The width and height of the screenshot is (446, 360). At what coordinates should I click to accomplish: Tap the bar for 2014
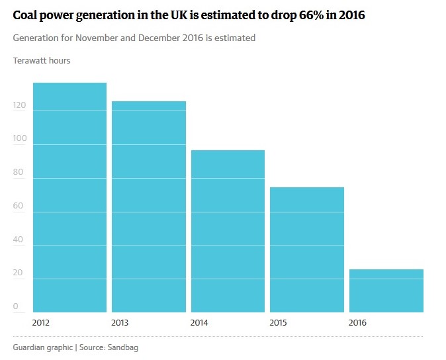(x=228, y=231)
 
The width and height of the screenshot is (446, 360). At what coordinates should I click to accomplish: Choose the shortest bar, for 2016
(x=386, y=291)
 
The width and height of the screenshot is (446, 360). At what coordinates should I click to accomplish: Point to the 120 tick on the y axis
(x=19, y=106)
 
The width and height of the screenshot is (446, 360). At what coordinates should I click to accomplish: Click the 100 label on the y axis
(x=19, y=140)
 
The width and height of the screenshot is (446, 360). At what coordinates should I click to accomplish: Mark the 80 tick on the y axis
(x=19, y=173)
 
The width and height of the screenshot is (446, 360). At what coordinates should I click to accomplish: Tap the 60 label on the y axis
(x=19, y=206)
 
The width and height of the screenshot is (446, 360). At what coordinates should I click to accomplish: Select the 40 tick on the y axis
(x=19, y=240)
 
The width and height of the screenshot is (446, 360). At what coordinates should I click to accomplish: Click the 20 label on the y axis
(x=19, y=273)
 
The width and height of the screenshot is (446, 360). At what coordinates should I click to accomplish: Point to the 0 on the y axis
(x=16, y=307)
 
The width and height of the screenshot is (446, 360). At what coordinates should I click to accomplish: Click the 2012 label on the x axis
(x=41, y=323)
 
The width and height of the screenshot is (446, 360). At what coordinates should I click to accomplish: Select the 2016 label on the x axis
(x=358, y=323)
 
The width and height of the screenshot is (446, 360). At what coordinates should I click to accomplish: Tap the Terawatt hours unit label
(x=42, y=61)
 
